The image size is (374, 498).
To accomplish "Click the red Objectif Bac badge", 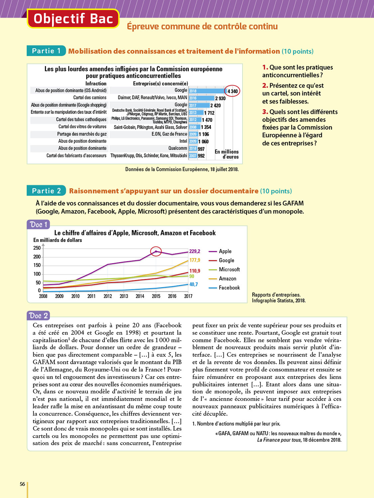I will point(73,19).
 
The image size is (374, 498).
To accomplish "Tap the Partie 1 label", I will point(46,51).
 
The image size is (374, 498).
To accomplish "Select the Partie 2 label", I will point(46,191).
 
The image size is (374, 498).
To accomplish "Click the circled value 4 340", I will point(232,91).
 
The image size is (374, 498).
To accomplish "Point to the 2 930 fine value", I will point(220,98).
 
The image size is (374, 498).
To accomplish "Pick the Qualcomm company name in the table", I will point(178,148).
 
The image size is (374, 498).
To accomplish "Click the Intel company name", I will point(183,141).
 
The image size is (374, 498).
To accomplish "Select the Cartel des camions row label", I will point(90,98).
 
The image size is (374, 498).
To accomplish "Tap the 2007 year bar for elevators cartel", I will point(193,156).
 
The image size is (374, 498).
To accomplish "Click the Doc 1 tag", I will point(38,225).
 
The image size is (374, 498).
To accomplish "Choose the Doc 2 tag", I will point(38,316).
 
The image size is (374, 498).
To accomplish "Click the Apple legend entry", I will point(225,251).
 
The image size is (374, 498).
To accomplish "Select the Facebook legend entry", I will point(229,288).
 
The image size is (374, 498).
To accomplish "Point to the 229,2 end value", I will point(195,251).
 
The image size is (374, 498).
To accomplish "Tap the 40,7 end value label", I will point(193,285).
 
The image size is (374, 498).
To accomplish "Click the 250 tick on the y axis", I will point(37,248).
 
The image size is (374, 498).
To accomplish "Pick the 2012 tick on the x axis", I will point(108,296).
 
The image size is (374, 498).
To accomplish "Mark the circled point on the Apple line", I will point(156,251).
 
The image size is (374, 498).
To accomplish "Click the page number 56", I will point(22,484).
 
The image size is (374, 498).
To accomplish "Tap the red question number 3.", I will point(265,112).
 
